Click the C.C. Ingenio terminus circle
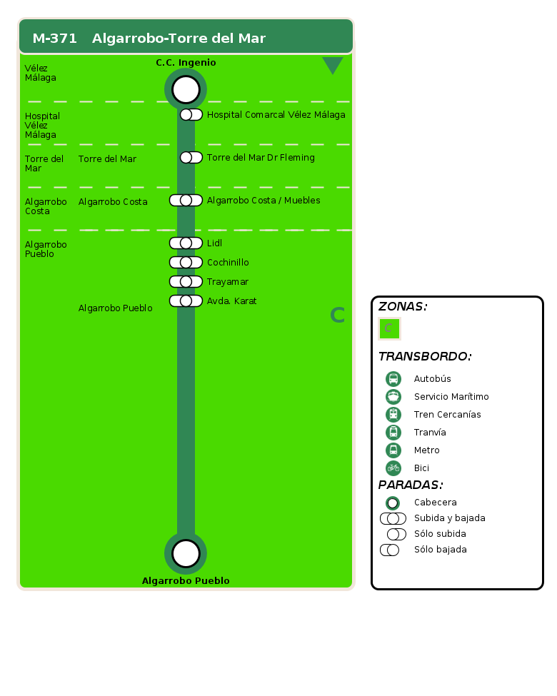pos(186,89)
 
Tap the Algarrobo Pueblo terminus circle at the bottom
pos(186,553)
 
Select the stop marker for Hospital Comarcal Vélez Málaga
pos(191,114)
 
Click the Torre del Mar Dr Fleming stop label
pos(261,158)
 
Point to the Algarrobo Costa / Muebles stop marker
pos(186,200)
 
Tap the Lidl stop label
pos(214,243)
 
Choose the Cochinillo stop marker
pos(186,262)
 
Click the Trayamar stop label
pos(228,282)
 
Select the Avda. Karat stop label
pos(232,301)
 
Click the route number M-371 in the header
pos(55,38)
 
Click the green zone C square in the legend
pos(390,329)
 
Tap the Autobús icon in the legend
pos(393,378)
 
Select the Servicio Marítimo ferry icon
pos(393,396)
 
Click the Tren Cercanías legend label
pos(447,415)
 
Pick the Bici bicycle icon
pos(393,468)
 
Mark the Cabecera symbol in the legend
pos(393,503)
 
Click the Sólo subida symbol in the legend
pos(396,534)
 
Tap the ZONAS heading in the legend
pos(403,306)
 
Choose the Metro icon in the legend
pos(393,450)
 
